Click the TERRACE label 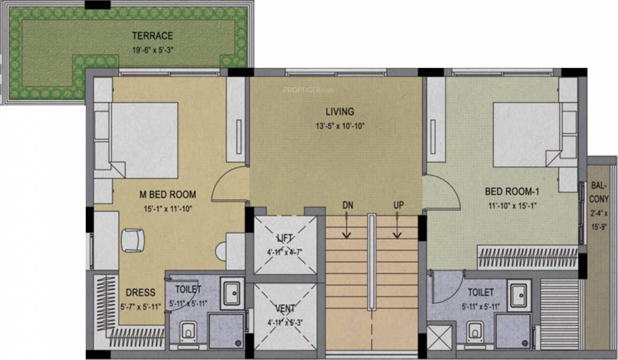point(152,36)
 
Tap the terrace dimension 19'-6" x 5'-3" point(152,50)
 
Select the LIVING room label point(340,112)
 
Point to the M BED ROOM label point(168,195)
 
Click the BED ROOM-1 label point(512,191)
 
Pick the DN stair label point(347,205)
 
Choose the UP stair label point(399,205)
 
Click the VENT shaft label point(285,308)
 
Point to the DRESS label point(140,292)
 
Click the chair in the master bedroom point(133,240)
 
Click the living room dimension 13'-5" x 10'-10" point(340,126)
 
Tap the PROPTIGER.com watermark point(309,90)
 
